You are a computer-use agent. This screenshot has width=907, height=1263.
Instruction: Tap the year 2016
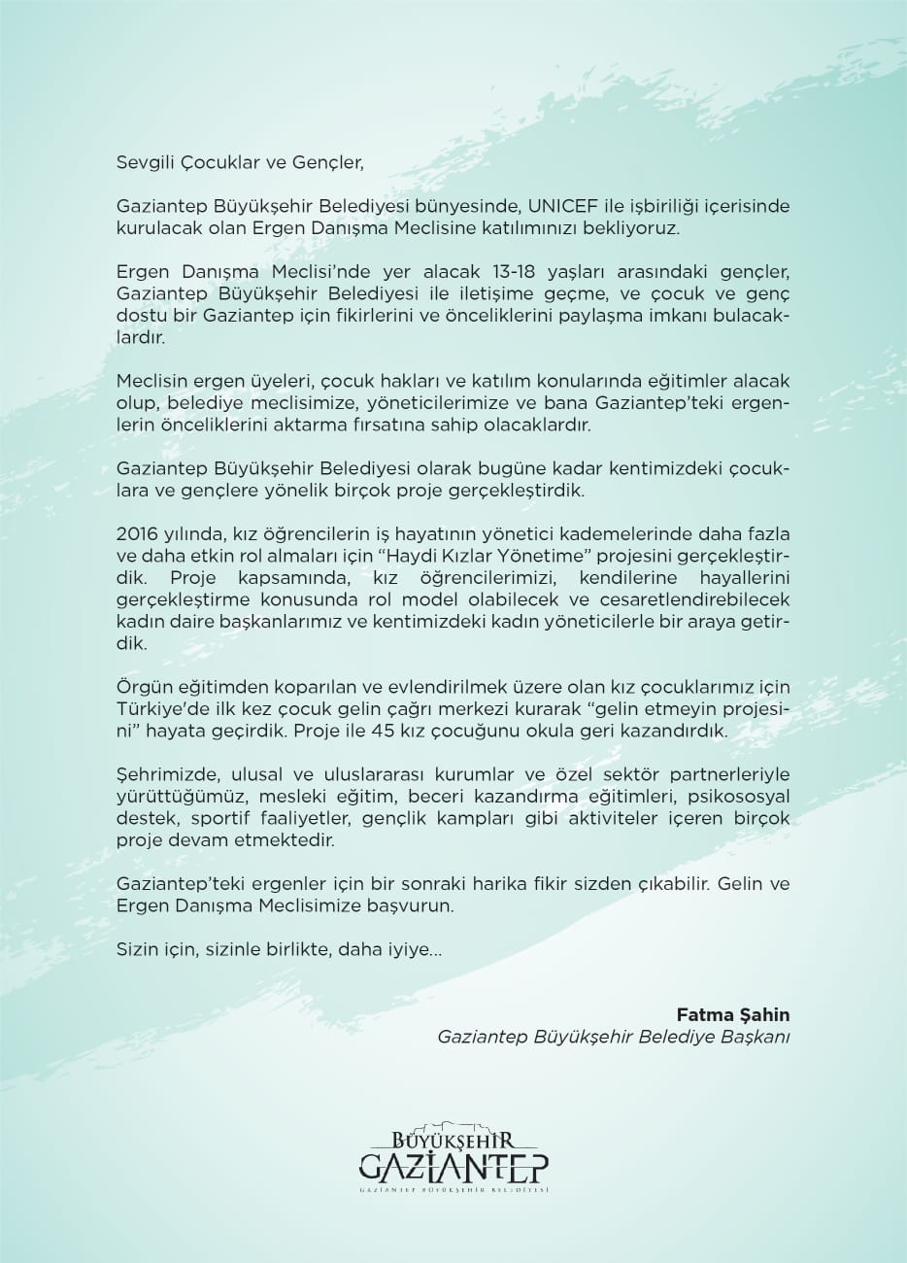[x=136, y=535]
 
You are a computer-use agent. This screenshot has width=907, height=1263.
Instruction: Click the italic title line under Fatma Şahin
[x=614, y=1037]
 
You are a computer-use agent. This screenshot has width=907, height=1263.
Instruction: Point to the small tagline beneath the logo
[x=453, y=1190]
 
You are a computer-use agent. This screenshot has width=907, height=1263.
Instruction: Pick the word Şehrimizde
[x=160, y=776]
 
